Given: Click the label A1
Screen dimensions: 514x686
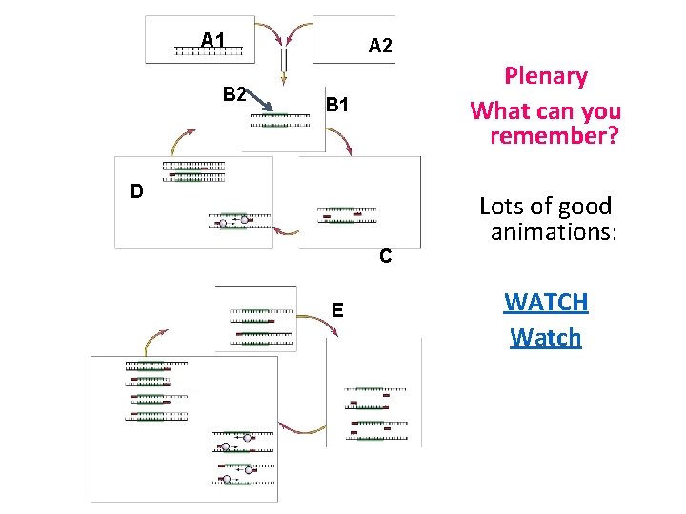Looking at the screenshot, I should [212, 40].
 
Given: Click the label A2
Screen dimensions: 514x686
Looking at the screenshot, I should [380, 45].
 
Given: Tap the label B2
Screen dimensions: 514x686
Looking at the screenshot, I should [234, 93].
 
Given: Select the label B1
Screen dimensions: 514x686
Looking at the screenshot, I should [337, 104].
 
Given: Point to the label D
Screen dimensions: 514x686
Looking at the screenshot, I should [137, 191].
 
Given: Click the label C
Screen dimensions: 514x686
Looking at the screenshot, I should [385, 256].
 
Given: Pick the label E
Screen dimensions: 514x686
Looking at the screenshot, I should [337, 309].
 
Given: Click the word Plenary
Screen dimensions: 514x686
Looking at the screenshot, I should [545, 76].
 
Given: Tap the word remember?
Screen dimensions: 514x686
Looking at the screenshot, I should [554, 135].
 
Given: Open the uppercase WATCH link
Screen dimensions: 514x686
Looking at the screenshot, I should [545, 303].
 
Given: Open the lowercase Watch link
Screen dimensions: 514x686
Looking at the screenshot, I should [545, 337].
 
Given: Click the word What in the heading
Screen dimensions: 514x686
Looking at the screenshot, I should [495, 110].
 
